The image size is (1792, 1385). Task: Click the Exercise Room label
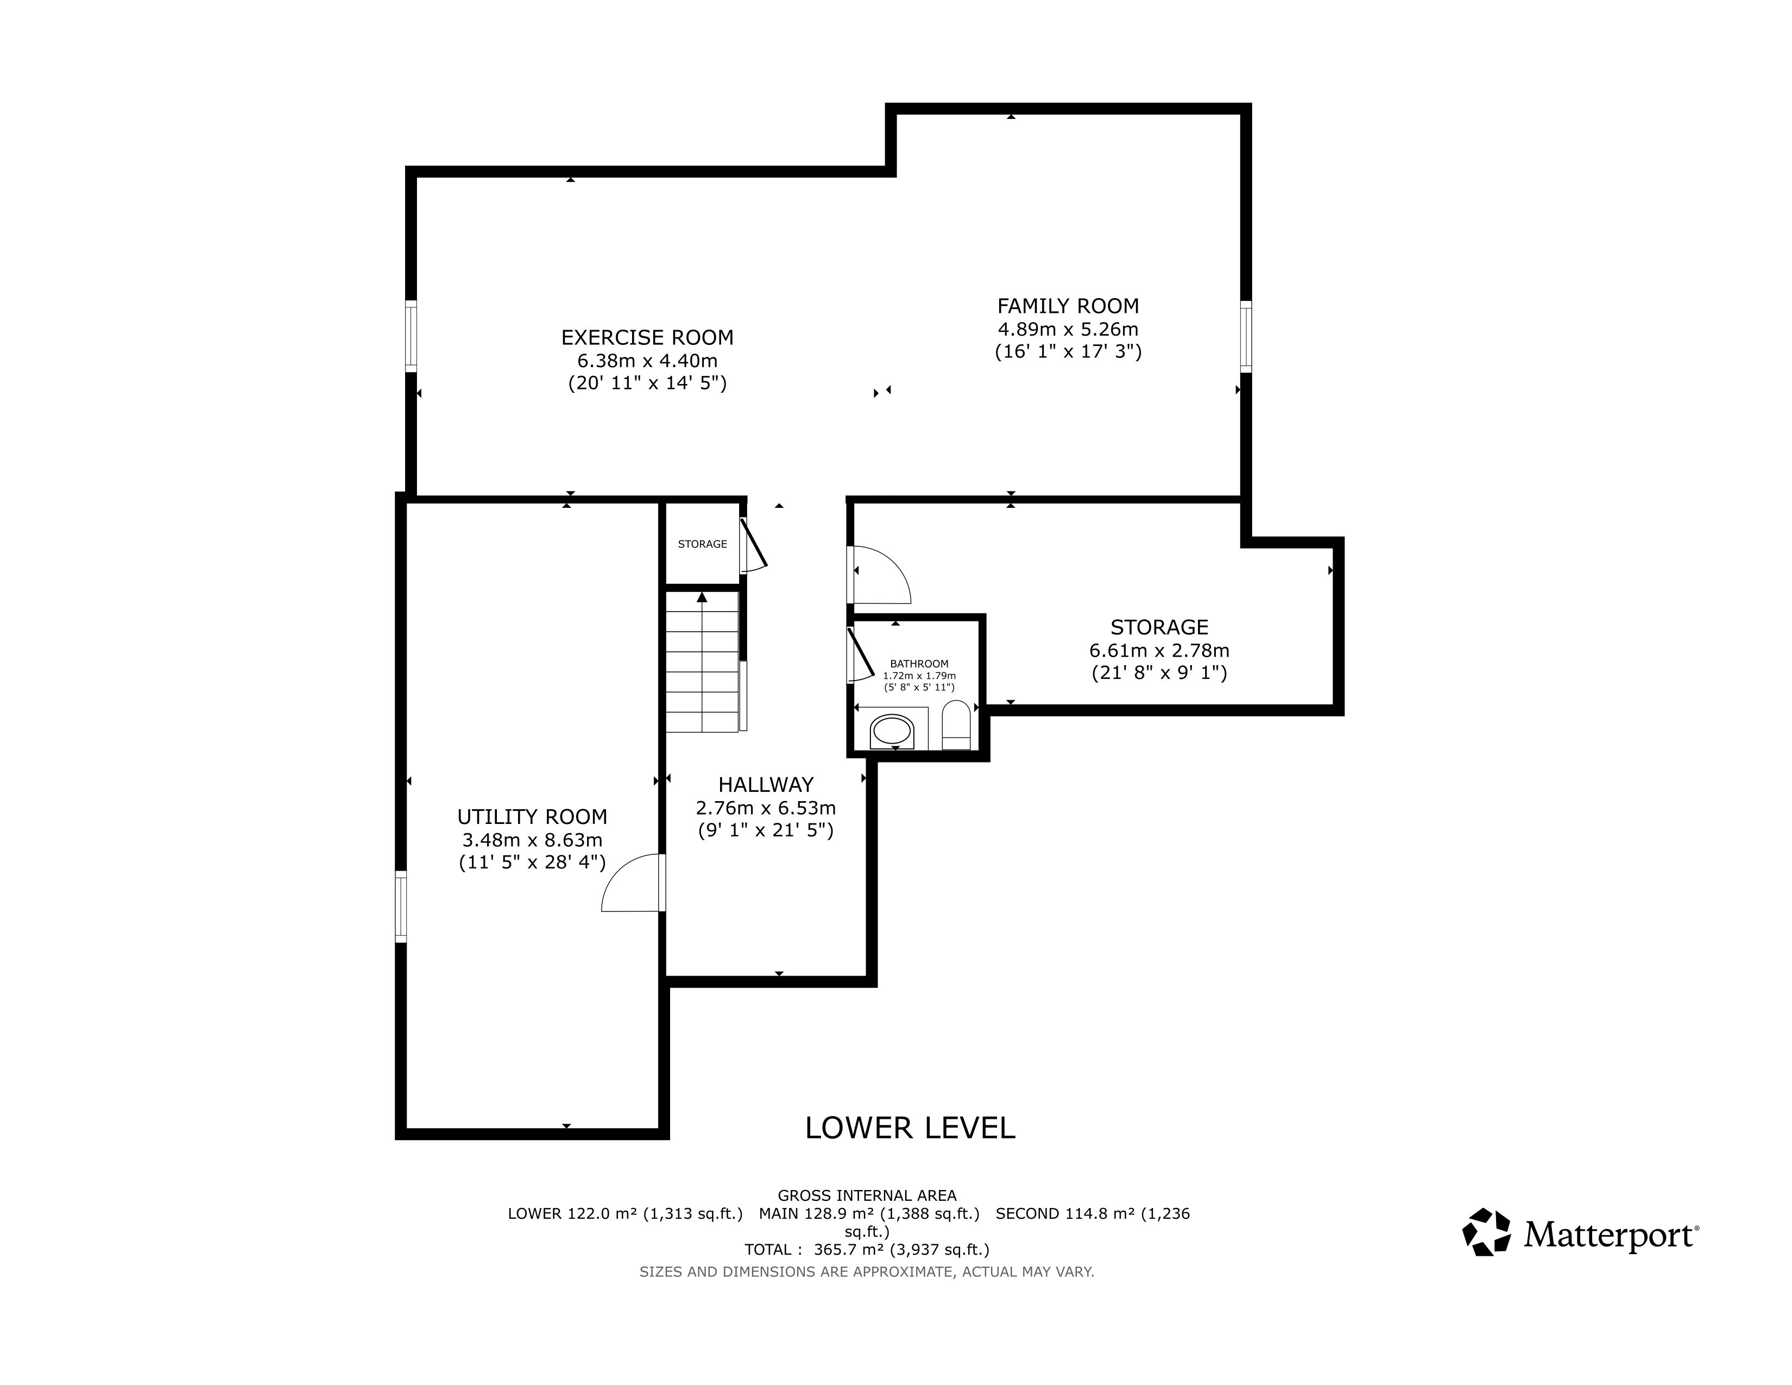[x=647, y=337]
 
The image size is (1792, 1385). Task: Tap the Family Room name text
[x=1068, y=306]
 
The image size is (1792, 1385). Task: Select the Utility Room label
[x=533, y=817]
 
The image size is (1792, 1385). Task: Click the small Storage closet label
[x=702, y=544]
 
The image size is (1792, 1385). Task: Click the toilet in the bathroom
[x=956, y=725]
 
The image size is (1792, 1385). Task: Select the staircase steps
[x=702, y=662]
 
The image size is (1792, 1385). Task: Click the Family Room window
[x=1246, y=336]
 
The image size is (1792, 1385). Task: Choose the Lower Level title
[x=910, y=1128]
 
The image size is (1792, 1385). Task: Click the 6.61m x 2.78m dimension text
[x=1159, y=651]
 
